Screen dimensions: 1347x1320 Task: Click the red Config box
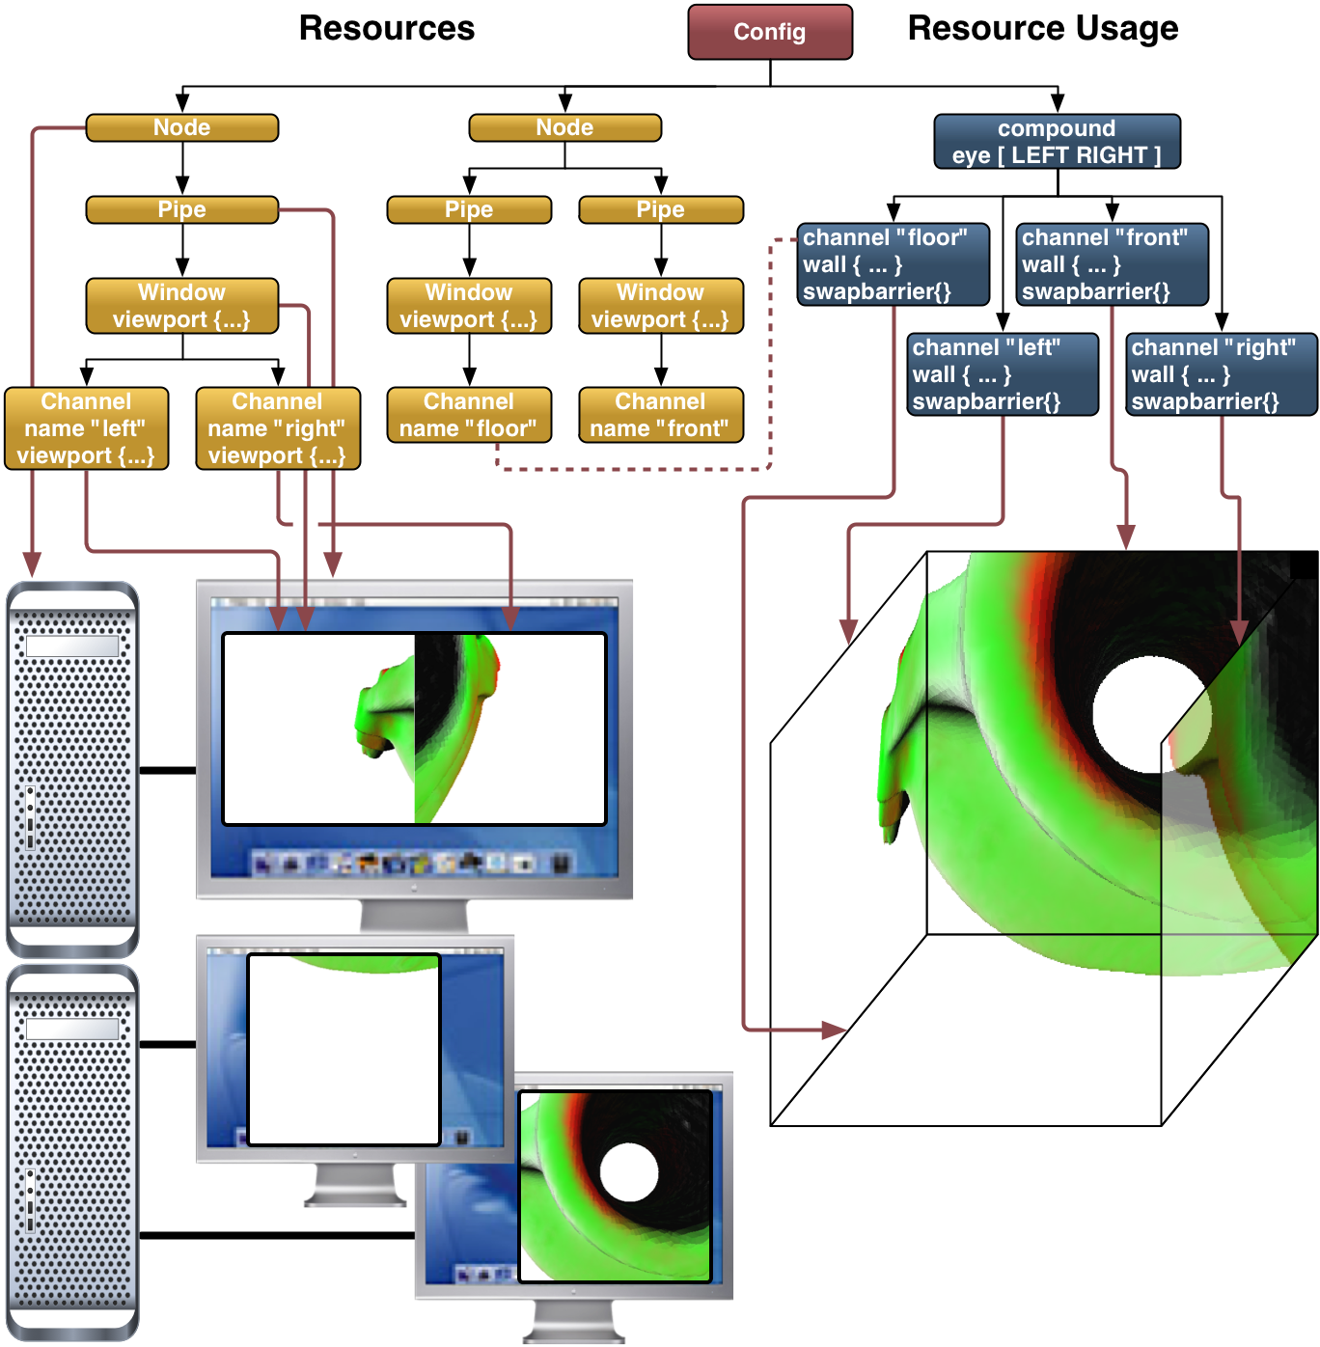pos(769,32)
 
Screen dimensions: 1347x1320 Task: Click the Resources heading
pos(386,29)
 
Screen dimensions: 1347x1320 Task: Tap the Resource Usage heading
pos(1042,29)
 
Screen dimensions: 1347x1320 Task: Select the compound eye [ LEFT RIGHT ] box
pos(1057,142)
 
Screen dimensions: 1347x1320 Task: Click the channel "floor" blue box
pos(894,264)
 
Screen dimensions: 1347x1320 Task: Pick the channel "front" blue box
pos(1112,264)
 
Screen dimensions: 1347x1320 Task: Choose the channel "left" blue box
pos(1003,374)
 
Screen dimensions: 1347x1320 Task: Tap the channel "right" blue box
pos(1221,374)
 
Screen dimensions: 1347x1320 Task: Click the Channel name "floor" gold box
pos(469,415)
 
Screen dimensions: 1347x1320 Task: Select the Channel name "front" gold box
pos(661,415)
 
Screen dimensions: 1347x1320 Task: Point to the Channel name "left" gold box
pos(87,428)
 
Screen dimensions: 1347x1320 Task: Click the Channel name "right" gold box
pos(278,428)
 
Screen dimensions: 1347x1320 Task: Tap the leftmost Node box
pos(182,127)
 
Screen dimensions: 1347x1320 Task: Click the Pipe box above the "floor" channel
pos(469,209)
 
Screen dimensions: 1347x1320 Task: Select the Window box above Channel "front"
pos(661,306)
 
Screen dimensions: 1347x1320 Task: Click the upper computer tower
pos(72,769)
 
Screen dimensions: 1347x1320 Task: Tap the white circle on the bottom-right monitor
pos(628,1172)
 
